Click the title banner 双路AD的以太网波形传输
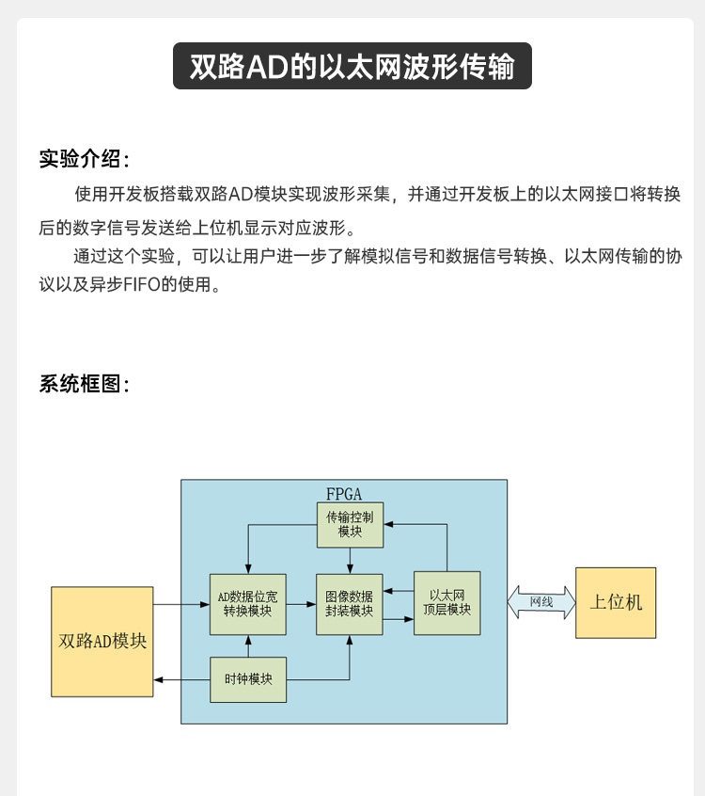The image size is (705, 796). (352, 67)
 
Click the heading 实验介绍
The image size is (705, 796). (84, 157)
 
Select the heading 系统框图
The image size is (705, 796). (84, 384)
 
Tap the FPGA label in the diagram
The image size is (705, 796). (343, 493)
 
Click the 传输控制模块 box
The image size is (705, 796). (350, 524)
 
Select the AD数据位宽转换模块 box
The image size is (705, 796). (248, 603)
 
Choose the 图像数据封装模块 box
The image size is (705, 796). (349, 603)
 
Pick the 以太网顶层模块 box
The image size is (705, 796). (446, 603)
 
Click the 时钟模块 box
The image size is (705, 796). (248, 678)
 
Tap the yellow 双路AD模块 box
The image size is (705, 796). (102, 641)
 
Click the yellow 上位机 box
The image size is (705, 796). (616, 603)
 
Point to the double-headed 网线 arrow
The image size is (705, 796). (541, 602)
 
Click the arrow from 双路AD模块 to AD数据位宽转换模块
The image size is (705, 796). (181, 604)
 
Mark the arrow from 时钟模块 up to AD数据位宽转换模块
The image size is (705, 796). (248, 645)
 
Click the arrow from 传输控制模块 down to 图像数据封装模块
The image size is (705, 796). (350, 561)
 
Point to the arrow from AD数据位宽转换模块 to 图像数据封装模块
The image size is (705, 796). (301, 604)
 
